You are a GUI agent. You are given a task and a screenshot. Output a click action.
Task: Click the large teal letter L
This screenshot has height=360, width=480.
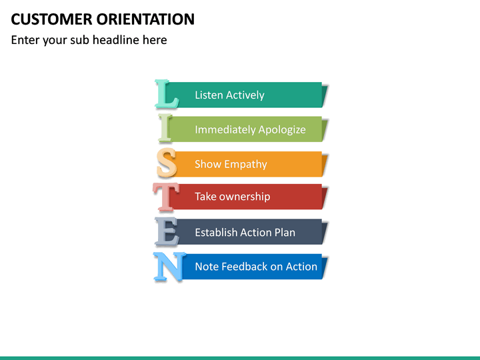tap(166, 94)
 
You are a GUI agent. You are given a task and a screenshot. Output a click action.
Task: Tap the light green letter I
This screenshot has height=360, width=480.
tap(166, 129)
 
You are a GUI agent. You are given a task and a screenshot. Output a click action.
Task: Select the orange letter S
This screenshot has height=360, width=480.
tap(167, 163)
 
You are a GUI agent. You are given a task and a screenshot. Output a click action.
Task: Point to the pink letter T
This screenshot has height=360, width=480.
tap(166, 197)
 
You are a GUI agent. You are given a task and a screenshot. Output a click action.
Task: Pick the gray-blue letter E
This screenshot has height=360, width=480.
tap(167, 232)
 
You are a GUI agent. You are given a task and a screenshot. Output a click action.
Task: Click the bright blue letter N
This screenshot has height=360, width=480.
tap(168, 267)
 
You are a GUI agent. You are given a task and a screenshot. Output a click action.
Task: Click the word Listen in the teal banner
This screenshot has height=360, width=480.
tap(209, 95)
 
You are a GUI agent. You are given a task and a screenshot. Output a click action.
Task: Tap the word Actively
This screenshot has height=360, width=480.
tap(245, 95)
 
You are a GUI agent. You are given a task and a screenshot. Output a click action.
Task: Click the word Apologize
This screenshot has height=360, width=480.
tap(283, 130)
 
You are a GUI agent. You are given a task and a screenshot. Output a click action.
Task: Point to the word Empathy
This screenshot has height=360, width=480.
tap(245, 165)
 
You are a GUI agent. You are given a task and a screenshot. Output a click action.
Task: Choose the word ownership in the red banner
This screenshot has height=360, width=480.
tap(244, 197)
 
